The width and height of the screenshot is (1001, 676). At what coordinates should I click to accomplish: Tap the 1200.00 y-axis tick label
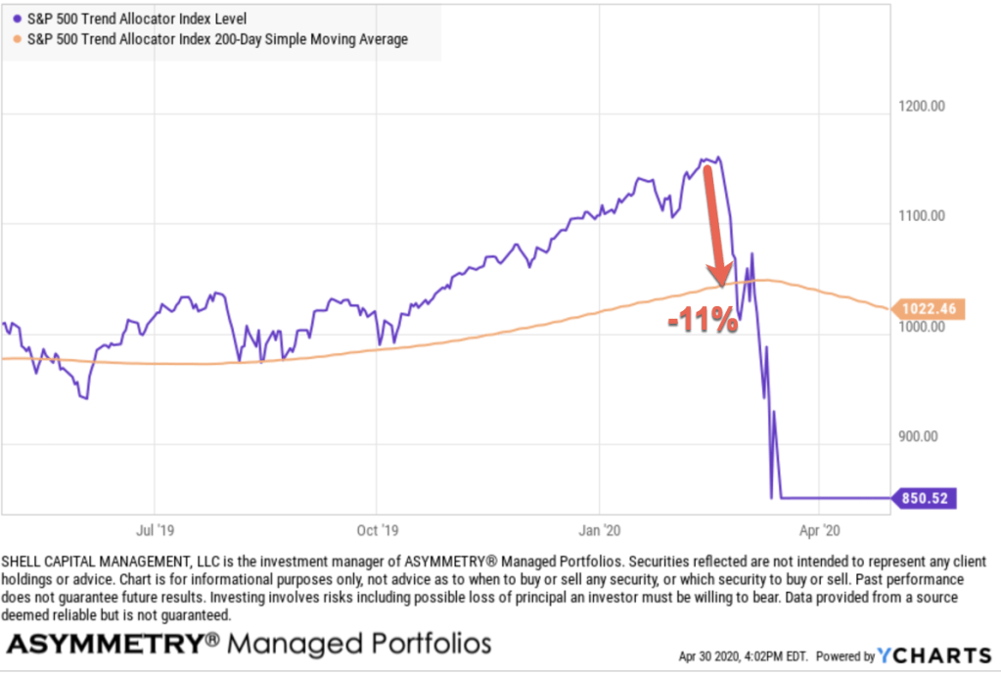point(922,107)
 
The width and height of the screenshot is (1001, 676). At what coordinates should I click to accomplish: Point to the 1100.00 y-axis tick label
point(922,216)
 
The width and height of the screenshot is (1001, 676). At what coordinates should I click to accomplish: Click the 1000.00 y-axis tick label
point(922,327)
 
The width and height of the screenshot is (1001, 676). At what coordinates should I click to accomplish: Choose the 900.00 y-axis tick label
point(922,437)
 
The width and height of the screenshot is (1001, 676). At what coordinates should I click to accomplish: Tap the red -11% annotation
point(703,322)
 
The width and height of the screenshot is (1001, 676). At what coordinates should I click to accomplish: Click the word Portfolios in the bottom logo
point(426,645)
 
